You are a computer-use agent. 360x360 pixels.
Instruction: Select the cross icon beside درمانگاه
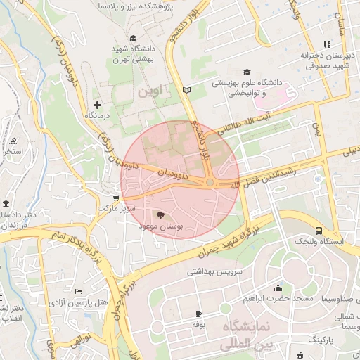click(x=97, y=105)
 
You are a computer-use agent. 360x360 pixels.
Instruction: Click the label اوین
click(x=150, y=91)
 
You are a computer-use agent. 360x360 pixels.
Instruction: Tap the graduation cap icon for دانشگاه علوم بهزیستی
click(x=246, y=72)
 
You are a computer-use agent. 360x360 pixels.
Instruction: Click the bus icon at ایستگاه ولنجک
click(x=319, y=231)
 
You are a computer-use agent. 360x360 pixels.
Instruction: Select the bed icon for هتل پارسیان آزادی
click(x=78, y=291)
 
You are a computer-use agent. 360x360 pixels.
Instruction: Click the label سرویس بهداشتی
click(x=219, y=271)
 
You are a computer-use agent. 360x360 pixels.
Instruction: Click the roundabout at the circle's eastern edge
click(x=210, y=183)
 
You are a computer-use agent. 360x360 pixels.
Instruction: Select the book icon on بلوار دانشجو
click(x=186, y=89)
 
